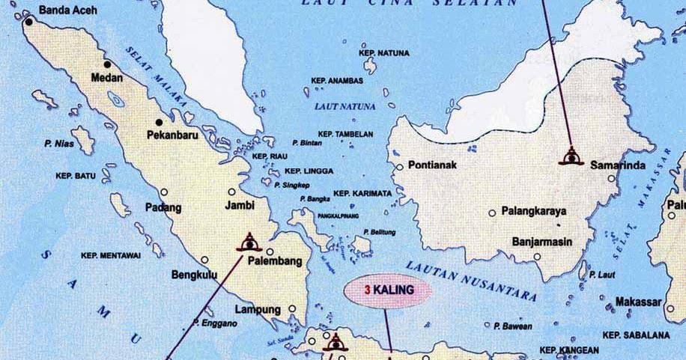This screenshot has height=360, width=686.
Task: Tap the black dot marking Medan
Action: [107, 64]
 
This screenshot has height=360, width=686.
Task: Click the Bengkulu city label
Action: [195, 274]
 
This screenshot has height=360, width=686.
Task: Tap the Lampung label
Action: [257, 309]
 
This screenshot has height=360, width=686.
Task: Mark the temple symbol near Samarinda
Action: [570, 156]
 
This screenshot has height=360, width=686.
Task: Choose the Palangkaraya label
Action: [534, 211]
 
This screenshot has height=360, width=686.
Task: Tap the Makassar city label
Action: [638, 302]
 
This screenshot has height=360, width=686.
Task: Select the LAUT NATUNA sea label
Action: [345, 107]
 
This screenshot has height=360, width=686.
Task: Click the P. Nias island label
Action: [60, 144]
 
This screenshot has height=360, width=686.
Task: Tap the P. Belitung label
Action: [379, 232]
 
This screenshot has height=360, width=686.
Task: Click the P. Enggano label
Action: [219, 323]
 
